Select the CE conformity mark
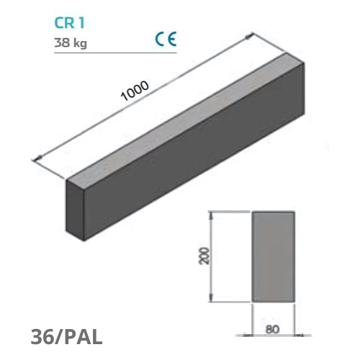166,39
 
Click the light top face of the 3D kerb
187,119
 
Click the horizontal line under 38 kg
115,53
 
